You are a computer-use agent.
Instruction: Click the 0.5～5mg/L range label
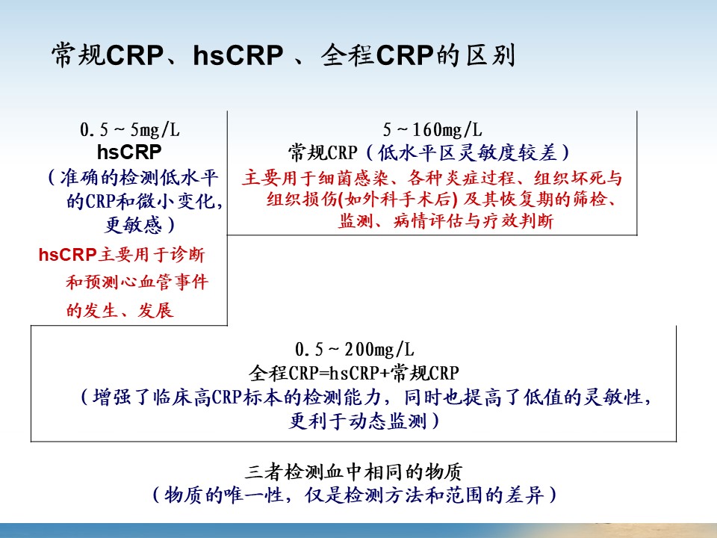(130, 130)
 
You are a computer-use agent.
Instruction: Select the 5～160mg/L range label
(432, 130)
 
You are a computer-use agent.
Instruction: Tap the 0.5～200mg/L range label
(354, 350)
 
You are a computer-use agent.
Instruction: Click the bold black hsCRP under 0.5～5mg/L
(129, 152)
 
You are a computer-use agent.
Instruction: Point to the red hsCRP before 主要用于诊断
(67, 255)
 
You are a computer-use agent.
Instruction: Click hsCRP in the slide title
(238, 55)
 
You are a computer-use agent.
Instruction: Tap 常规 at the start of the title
(78, 55)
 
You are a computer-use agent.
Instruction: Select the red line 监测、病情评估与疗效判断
(446, 221)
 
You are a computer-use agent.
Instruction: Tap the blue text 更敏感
(134, 225)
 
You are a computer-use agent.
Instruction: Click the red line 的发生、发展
(119, 311)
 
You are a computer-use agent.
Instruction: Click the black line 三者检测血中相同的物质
(354, 471)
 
